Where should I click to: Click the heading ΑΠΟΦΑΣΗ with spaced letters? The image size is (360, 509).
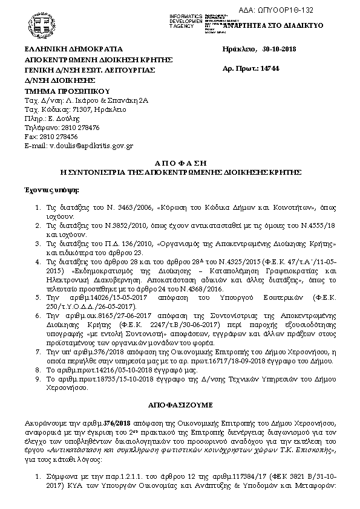click(x=180, y=163)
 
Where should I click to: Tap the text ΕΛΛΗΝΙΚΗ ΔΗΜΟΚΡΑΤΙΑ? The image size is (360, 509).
click(x=73, y=49)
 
